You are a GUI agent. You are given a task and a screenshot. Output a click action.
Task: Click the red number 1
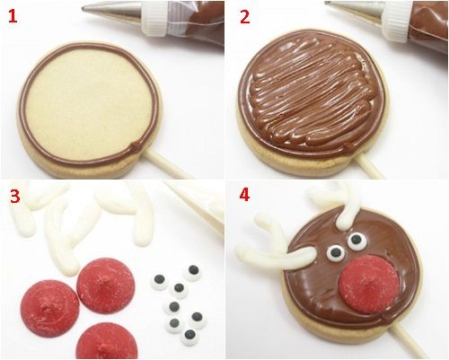coord(13,16)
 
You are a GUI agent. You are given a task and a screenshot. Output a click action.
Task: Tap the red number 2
coord(244,17)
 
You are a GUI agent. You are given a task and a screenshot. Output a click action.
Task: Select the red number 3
coord(15,196)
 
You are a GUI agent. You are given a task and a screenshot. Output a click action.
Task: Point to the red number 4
coord(244,195)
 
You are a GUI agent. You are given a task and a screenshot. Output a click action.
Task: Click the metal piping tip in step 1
coord(112,11)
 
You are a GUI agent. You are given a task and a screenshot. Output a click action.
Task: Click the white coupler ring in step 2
coord(397,22)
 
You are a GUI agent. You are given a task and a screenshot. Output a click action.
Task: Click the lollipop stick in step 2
coord(369,166)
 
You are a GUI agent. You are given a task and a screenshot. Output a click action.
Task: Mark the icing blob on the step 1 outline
coord(136,145)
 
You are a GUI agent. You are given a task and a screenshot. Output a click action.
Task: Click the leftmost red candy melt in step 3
coord(50,303)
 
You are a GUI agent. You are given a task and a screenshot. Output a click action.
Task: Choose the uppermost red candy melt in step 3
coord(106,285)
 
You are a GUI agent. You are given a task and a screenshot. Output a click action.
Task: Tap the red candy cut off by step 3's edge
coord(107,342)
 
